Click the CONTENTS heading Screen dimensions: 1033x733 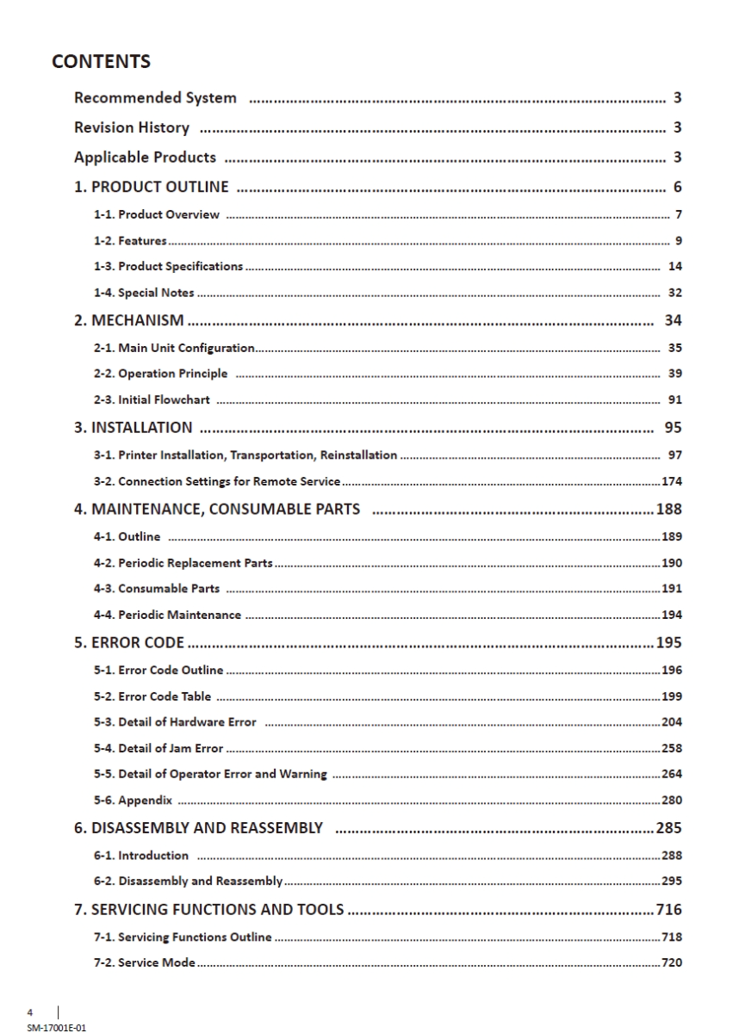click(101, 62)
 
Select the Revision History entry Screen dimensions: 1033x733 click(132, 128)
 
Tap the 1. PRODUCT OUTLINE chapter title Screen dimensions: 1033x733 click(152, 187)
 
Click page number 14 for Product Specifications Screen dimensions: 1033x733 click(675, 267)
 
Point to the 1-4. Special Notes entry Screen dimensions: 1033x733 click(144, 293)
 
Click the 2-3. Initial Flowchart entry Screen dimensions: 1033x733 click(152, 400)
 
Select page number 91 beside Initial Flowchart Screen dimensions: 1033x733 click(675, 400)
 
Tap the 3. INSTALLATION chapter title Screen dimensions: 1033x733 click(134, 428)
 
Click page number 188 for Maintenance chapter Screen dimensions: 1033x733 click(669, 509)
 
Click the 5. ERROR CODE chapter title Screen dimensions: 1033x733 click(131, 642)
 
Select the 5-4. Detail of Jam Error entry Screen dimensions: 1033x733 click(158, 748)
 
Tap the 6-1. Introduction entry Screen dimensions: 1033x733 click(141, 855)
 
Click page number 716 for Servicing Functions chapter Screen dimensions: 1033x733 click(669, 909)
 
